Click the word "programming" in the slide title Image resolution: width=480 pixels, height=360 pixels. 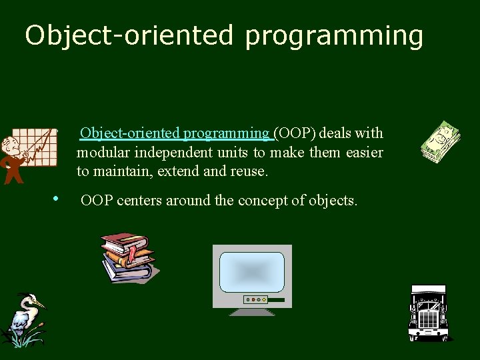point(333,36)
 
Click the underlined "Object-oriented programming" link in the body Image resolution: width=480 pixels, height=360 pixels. point(175,133)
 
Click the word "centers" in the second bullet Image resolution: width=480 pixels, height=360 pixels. point(139,200)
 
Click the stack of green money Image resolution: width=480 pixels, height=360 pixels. point(441,142)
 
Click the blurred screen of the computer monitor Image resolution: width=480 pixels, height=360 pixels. point(251,271)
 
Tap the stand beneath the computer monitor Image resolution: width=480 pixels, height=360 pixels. point(252,311)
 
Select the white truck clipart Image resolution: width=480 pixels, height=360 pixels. point(428,313)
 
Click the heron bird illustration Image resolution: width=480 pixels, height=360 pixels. point(23,321)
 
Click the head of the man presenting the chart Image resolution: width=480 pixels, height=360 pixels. point(9,143)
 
